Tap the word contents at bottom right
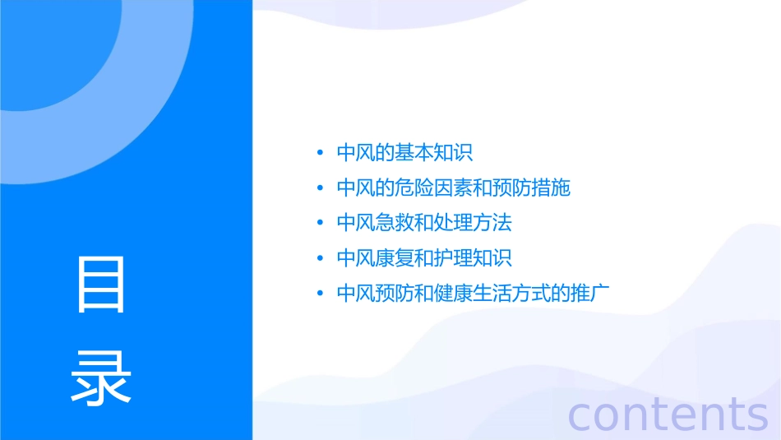tap(668, 414)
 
